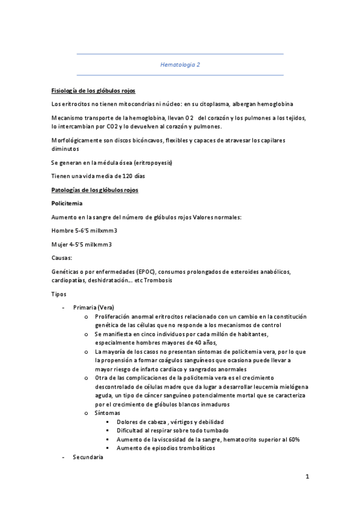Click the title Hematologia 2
pyautogui.click(x=180, y=64)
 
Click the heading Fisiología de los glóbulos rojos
pyautogui.click(x=93, y=91)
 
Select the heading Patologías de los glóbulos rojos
pyautogui.click(x=95, y=190)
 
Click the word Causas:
pyautogui.click(x=62, y=257)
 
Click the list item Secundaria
pyautogui.click(x=88, y=458)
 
